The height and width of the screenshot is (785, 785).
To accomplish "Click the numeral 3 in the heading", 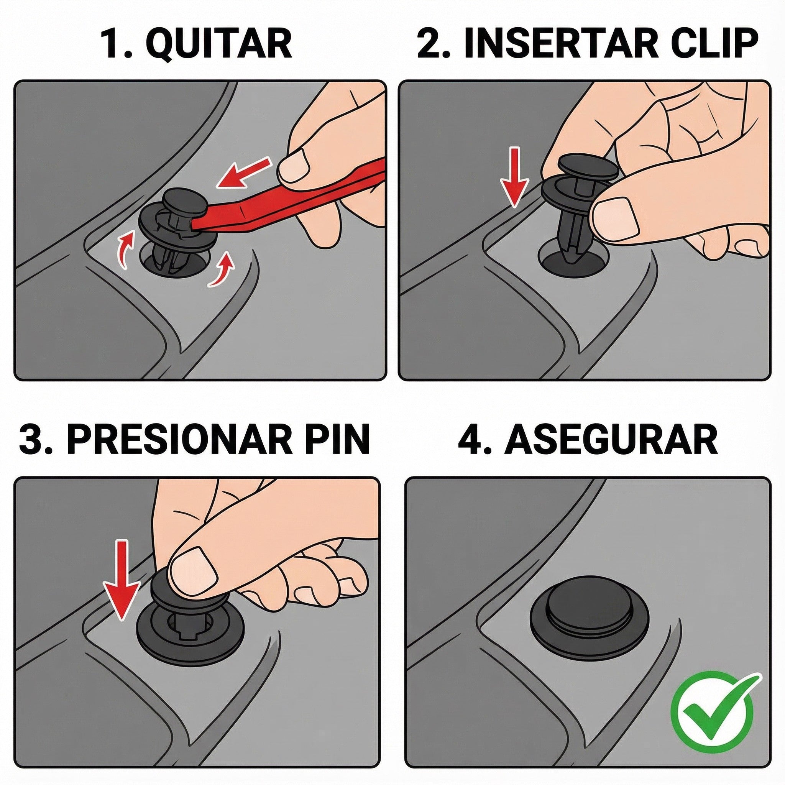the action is [x=33, y=440].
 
